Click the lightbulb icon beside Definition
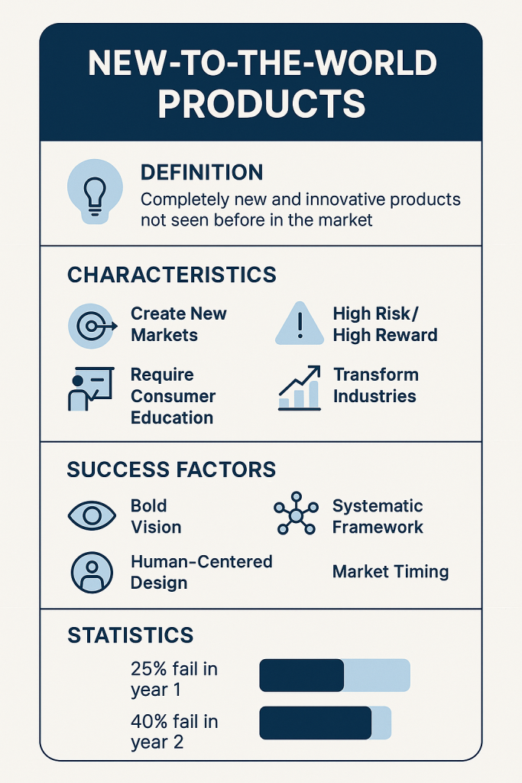(95, 192)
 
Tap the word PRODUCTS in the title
(262, 104)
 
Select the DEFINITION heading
(202, 172)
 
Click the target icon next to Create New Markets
(92, 326)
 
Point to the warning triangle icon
(300, 323)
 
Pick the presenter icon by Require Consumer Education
(91, 389)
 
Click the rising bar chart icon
(300, 388)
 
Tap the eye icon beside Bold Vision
(92, 515)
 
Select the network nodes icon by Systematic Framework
(296, 513)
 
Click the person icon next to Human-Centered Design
(92, 572)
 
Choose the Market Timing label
(391, 572)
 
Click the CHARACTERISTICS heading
(172, 275)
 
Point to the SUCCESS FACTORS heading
(171, 470)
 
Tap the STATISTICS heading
(130, 635)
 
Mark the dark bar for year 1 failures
(301, 675)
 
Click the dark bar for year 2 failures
(316, 723)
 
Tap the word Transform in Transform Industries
(376, 375)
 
